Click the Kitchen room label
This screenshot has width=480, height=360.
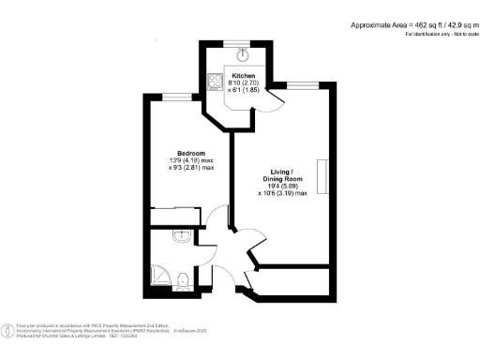(243, 75)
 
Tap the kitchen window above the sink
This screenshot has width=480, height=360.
(243, 41)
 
